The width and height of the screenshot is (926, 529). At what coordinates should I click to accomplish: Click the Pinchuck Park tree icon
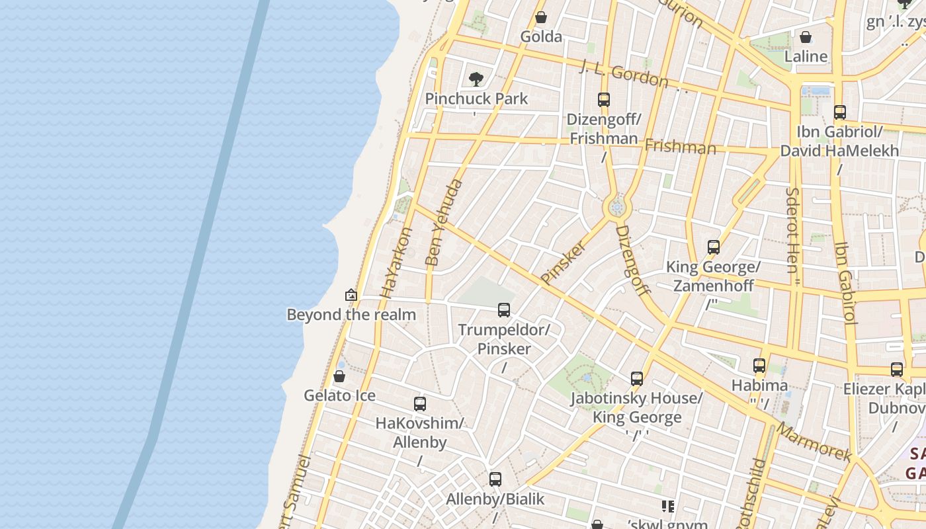click(x=476, y=80)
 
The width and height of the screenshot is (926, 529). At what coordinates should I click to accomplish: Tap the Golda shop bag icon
click(x=541, y=17)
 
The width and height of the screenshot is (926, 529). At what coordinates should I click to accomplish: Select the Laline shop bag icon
click(x=806, y=37)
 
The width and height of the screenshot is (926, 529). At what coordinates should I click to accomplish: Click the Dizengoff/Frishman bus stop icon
click(x=603, y=100)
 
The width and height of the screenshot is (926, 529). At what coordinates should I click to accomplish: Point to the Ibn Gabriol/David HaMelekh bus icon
click(x=840, y=112)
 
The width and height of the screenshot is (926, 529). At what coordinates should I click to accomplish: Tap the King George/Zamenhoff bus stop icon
click(x=713, y=247)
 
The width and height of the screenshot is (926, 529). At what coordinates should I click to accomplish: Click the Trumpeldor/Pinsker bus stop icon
click(x=504, y=309)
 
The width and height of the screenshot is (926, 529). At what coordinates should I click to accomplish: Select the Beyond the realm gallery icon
click(x=351, y=295)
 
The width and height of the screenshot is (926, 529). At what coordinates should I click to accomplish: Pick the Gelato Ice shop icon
click(x=339, y=376)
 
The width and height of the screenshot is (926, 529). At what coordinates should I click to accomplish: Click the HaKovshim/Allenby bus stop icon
click(x=419, y=403)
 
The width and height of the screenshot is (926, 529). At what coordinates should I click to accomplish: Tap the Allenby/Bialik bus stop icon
click(x=495, y=479)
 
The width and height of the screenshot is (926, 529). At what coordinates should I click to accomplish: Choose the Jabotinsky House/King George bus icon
click(x=636, y=379)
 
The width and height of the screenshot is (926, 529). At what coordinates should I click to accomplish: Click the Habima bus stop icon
click(x=759, y=366)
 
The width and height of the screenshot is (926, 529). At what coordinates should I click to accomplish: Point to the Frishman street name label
click(x=680, y=146)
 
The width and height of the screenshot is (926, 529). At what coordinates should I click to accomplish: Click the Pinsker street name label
click(x=563, y=263)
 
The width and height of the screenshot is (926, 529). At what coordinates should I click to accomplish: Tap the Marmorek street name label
click(x=814, y=441)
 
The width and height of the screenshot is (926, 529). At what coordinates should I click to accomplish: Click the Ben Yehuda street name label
click(x=444, y=222)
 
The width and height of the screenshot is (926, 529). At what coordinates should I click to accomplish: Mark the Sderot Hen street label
click(x=792, y=230)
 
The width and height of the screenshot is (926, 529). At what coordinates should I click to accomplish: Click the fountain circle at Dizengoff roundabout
click(x=617, y=208)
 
